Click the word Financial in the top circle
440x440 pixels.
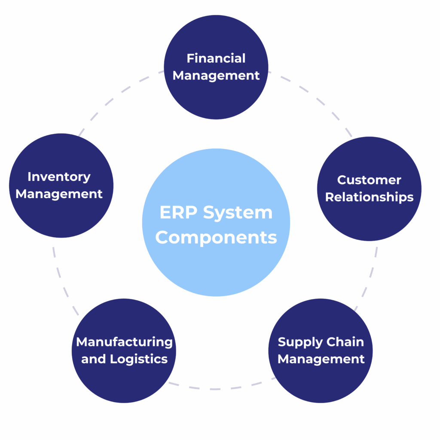click(216, 58)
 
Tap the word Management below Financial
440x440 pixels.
click(216, 76)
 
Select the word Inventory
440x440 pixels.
click(59, 177)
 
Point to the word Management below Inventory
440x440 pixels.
click(59, 194)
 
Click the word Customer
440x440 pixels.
click(369, 180)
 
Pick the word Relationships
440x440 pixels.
click(369, 197)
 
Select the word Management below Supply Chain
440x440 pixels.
click(321, 359)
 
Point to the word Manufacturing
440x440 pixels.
click(124, 342)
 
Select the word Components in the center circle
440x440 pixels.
click(216, 237)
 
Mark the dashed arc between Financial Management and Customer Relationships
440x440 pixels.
click(318, 99)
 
